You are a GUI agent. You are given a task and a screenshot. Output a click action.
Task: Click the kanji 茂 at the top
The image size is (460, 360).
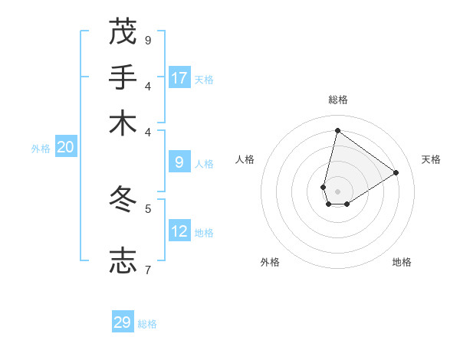pyautogui.click(x=123, y=31)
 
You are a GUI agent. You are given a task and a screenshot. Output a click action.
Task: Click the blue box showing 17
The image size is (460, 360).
pyautogui.click(x=179, y=77)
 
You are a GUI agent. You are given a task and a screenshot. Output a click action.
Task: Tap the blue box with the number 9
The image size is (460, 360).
pyautogui.click(x=179, y=162)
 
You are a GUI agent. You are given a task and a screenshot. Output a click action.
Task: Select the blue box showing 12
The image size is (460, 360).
pyautogui.click(x=179, y=231)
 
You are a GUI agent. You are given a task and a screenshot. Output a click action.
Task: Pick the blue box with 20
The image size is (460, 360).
pyautogui.click(x=65, y=148)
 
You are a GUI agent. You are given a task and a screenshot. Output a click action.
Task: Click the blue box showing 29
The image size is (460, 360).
pyautogui.click(x=123, y=322)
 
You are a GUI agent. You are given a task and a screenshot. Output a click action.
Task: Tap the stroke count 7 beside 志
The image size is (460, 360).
pyautogui.click(x=147, y=269)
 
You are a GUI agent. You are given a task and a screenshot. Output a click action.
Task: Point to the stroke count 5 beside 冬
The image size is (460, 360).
pyautogui.click(x=148, y=208)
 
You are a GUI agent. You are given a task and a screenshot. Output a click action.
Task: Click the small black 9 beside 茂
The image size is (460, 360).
pyautogui.click(x=148, y=40)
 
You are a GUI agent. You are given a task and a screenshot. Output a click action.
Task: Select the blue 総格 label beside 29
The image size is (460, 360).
pyautogui.click(x=147, y=324)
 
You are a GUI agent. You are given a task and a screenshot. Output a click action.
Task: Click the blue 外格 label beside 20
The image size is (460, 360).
pyautogui.click(x=40, y=149)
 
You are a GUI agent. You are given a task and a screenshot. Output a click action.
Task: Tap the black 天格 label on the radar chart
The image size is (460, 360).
pyautogui.click(x=431, y=159)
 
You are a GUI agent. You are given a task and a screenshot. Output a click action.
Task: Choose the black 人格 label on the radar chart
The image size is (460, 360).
pyautogui.click(x=245, y=159)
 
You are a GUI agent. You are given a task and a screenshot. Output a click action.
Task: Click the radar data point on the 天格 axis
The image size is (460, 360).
pyautogui.click(x=396, y=172)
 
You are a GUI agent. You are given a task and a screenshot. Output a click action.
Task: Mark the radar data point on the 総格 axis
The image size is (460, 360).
pyautogui.click(x=337, y=130)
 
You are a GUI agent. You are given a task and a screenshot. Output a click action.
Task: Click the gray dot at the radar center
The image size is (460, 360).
pyautogui.click(x=337, y=191)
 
